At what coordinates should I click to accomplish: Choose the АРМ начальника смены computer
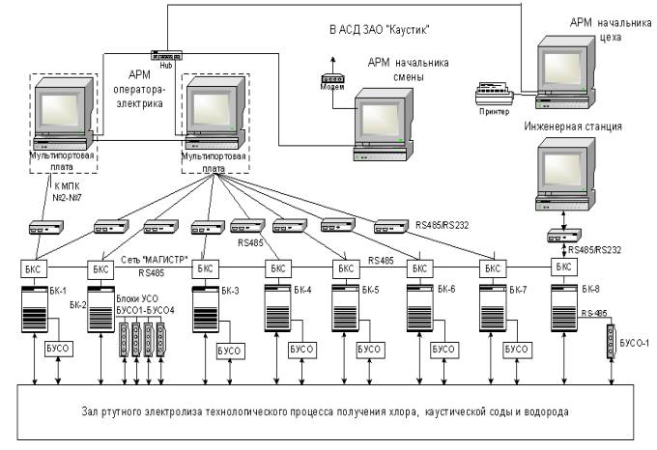point(381,122)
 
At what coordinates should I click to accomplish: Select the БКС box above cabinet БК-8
point(562,266)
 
